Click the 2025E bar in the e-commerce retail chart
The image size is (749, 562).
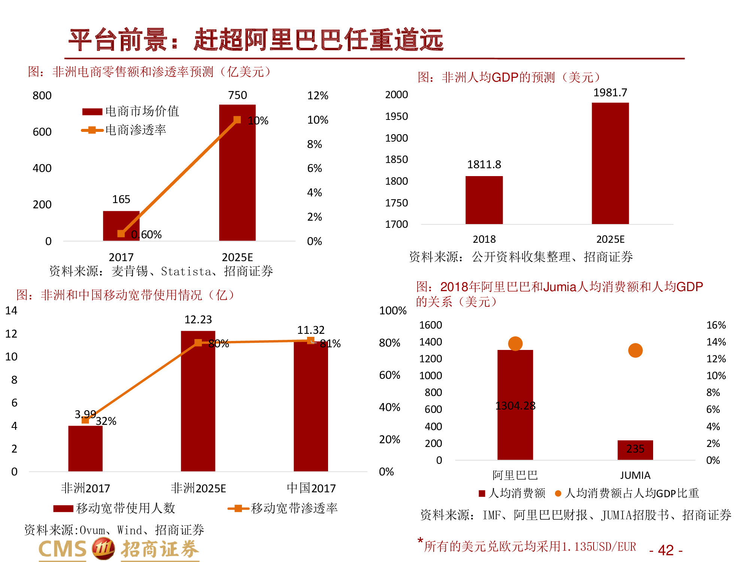point(237,172)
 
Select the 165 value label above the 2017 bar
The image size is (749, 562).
point(121,199)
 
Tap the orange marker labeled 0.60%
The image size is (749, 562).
point(121,234)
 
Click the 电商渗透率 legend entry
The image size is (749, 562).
point(135,130)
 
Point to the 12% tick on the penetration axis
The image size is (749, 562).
point(317,96)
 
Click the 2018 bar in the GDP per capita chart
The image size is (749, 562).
point(484,200)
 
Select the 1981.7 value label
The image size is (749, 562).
point(610,93)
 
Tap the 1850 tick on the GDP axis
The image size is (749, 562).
point(396,160)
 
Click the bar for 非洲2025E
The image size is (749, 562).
point(198,401)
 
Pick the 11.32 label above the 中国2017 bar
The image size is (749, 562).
point(310,330)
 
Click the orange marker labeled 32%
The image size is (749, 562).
point(85,420)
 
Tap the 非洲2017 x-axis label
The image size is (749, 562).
point(85,488)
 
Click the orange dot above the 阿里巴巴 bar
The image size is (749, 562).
point(515,343)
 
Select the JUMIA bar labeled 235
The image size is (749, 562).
point(635,450)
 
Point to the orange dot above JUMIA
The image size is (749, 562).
point(635,350)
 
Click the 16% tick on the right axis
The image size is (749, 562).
point(716,325)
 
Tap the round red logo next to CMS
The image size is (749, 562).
point(103,549)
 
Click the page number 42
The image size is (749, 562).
point(665,550)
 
